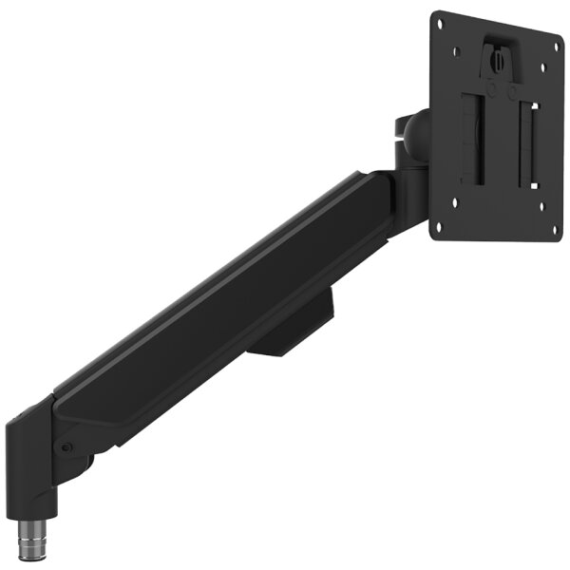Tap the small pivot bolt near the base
click(66, 447)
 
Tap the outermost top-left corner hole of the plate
click(441, 26)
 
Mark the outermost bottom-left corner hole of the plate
click(439, 226)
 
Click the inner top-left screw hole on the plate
click(459, 52)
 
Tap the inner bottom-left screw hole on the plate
click(457, 200)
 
